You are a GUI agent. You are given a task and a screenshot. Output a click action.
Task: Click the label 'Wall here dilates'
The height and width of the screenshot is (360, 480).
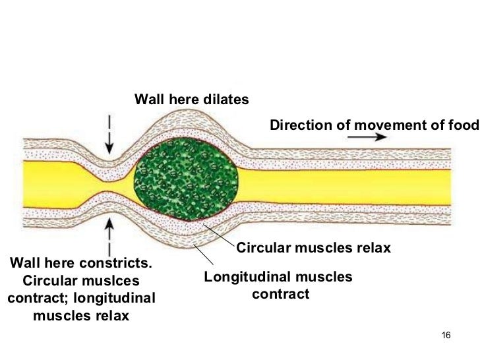tap(191, 100)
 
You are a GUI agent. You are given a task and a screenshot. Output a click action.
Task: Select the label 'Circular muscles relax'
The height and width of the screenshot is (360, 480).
tap(313, 249)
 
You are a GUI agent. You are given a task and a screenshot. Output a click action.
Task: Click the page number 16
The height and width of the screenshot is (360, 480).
tap(445, 336)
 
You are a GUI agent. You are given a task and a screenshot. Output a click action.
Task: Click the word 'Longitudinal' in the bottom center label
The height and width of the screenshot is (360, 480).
tap(243, 277)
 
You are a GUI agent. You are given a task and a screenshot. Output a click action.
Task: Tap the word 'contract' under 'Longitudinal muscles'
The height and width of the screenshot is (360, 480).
tap(280, 294)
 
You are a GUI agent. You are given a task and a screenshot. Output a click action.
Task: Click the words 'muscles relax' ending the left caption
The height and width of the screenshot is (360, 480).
tap(80, 315)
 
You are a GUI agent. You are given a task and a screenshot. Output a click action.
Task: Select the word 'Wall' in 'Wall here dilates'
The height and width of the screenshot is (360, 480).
tap(148, 100)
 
